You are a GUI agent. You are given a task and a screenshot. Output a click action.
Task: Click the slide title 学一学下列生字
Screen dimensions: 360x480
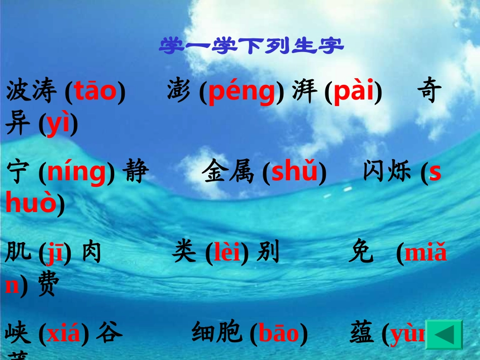(252, 46)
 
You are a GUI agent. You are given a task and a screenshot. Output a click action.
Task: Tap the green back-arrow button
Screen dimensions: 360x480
(444, 335)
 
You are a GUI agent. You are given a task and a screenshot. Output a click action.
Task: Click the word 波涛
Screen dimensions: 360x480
(32, 92)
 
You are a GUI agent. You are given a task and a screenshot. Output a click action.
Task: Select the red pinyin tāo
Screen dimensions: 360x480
(95, 92)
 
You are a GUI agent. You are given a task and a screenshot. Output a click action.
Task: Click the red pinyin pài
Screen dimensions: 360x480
(353, 92)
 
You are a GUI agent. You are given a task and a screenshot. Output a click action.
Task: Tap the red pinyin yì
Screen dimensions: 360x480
(58, 125)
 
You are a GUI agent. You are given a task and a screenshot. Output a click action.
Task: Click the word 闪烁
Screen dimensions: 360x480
(389, 172)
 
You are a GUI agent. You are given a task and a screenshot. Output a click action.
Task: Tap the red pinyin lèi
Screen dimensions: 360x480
(227, 252)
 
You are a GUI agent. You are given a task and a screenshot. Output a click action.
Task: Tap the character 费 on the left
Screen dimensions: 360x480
(49, 286)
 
